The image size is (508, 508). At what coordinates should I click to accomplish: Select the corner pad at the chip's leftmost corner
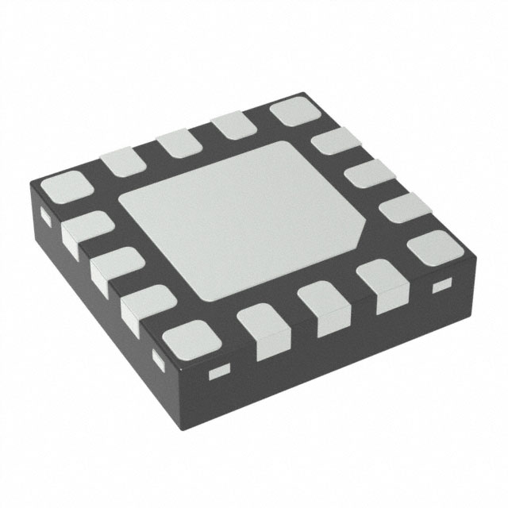(64, 190)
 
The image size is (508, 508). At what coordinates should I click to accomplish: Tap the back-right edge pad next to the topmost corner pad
(333, 146)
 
